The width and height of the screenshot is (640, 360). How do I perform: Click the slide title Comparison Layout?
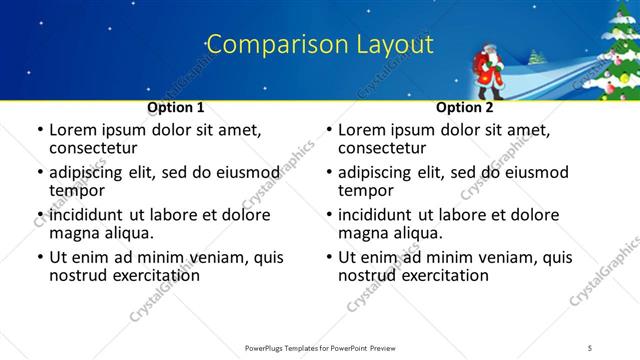[319, 44]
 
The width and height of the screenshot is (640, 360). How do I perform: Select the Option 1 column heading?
[176, 107]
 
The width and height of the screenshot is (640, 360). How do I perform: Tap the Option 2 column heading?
[464, 107]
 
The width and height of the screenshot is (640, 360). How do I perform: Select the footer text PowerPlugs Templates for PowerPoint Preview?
[320, 347]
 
